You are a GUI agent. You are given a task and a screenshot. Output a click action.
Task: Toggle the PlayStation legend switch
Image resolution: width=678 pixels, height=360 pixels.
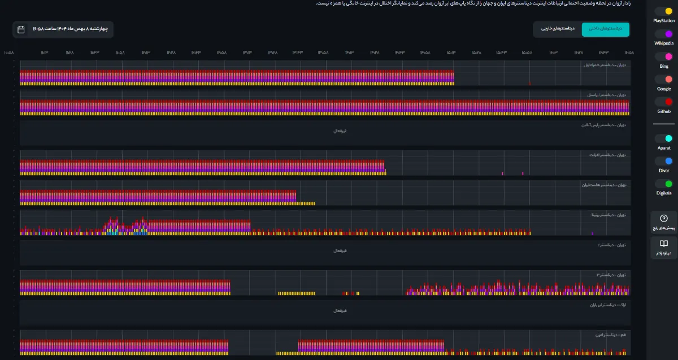point(664,11)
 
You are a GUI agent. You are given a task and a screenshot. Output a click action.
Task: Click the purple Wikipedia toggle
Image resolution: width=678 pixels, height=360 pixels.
point(664,34)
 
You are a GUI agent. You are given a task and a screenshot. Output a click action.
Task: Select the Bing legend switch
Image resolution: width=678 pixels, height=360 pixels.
point(664,57)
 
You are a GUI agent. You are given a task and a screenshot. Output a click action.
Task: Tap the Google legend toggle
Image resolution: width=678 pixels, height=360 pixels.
point(664,80)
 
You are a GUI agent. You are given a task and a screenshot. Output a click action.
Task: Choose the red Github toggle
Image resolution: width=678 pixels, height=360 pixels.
point(664,102)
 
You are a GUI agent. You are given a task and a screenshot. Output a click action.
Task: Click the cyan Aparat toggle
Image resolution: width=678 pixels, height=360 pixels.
point(664,138)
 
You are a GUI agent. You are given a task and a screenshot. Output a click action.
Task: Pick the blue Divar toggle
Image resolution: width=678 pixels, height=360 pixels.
point(664,161)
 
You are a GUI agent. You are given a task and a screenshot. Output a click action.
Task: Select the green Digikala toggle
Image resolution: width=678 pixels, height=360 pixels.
point(664,184)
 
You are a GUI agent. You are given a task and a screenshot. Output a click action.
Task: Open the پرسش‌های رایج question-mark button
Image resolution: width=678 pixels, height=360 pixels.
point(664,222)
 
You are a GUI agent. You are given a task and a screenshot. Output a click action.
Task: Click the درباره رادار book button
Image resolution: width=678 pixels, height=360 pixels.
point(664,247)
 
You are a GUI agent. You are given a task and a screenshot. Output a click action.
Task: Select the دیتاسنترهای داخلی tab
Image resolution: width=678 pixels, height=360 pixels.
point(605,28)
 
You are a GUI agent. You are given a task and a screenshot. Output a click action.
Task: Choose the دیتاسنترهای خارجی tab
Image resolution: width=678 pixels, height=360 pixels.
point(558,28)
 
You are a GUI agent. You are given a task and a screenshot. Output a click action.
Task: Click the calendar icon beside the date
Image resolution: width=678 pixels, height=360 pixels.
point(21,29)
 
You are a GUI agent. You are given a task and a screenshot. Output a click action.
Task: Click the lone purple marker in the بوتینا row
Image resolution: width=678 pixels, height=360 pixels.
point(592,233)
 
